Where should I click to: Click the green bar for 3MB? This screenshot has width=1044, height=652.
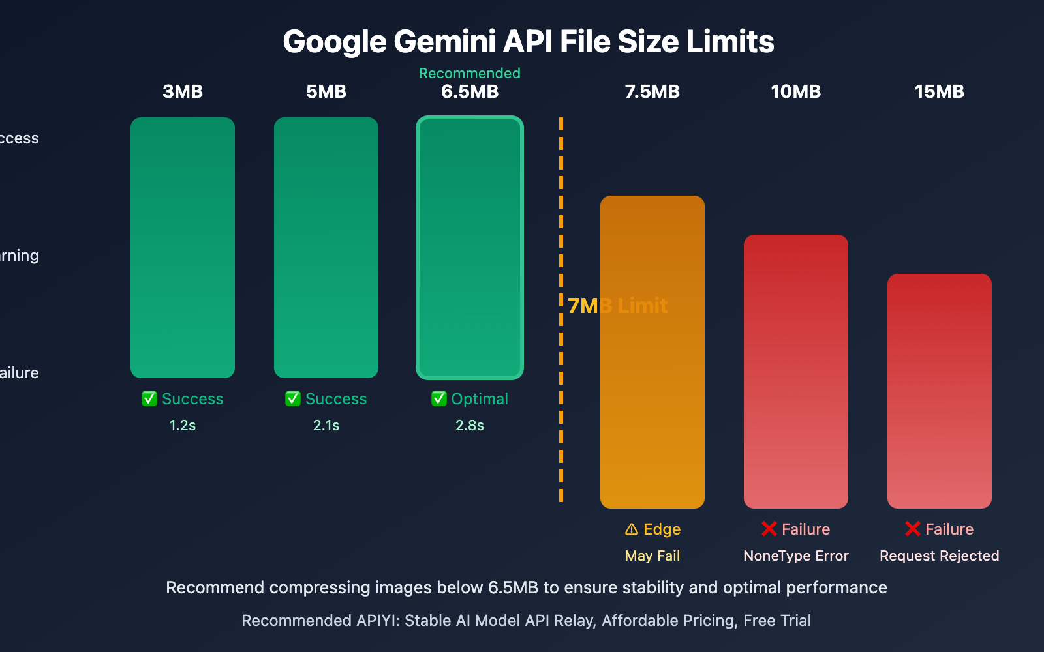(183, 248)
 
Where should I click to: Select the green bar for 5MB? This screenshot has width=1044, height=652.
(326, 248)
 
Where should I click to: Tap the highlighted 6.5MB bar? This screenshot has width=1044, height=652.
(470, 248)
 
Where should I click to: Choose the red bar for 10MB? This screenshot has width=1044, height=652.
(796, 372)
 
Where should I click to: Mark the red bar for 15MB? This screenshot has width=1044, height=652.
(940, 391)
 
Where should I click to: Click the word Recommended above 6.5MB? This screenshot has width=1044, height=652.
(470, 73)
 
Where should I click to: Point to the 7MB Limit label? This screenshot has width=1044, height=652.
(617, 305)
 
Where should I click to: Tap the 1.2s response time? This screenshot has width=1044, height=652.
(183, 425)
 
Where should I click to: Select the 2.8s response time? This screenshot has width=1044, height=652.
(470, 425)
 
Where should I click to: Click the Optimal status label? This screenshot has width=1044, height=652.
(480, 398)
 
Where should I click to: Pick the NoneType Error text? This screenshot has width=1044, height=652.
(796, 556)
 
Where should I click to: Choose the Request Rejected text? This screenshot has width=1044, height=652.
(940, 556)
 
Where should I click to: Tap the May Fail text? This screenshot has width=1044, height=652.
(652, 556)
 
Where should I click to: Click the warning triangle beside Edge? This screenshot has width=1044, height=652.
(632, 529)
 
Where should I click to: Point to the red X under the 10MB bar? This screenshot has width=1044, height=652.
(769, 529)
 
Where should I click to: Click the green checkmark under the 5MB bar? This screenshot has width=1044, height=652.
(293, 398)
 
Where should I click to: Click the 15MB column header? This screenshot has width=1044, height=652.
(940, 91)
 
